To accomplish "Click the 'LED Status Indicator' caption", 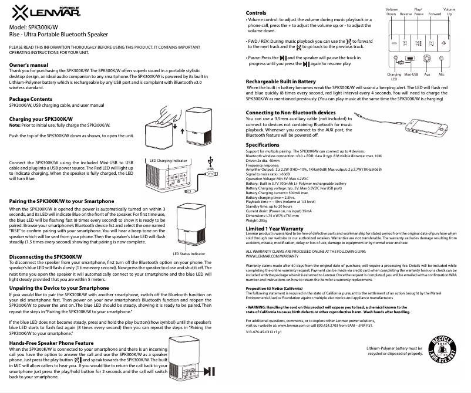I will [189, 253].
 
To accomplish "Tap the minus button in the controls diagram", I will [395, 43].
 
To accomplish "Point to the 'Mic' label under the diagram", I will [442, 74].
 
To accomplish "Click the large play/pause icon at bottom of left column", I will [213, 371].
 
